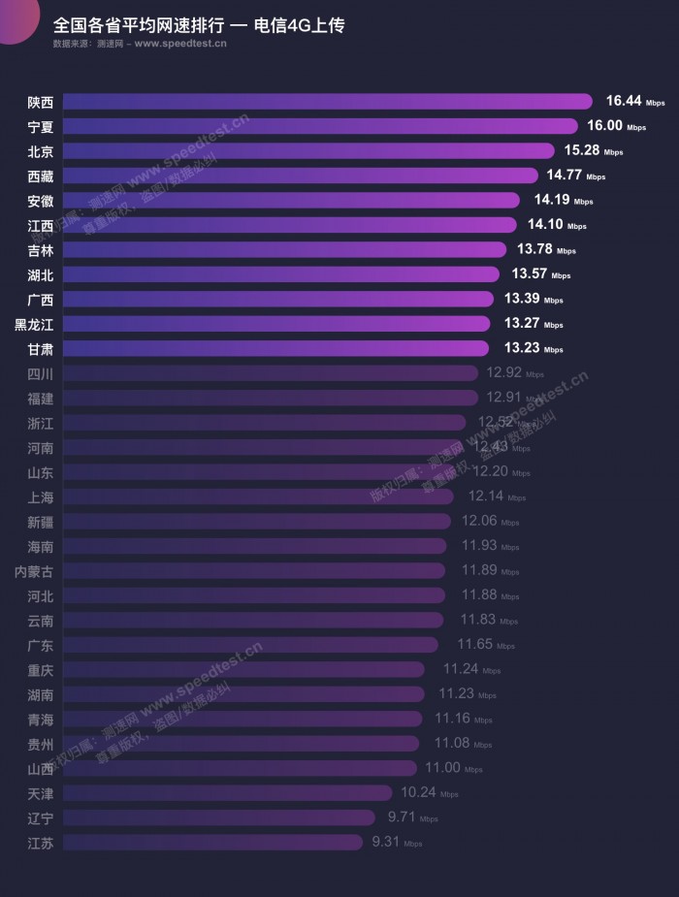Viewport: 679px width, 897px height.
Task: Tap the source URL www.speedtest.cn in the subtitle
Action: [181, 44]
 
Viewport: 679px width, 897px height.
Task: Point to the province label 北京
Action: [40, 151]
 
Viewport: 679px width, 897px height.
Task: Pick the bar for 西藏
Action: [300, 176]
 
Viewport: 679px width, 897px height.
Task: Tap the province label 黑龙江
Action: [34, 324]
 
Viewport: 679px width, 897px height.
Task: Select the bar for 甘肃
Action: [276, 348]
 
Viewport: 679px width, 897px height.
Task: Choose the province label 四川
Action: [40, 373]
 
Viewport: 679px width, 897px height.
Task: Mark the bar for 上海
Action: [258, 497]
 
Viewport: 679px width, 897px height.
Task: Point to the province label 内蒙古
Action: [34, 571]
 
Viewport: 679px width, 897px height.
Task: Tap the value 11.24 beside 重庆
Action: [460, 669]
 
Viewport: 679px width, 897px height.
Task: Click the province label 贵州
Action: [40, 744]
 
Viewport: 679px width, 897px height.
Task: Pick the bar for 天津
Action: [227, 793]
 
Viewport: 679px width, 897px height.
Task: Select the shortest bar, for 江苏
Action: [212, 843]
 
